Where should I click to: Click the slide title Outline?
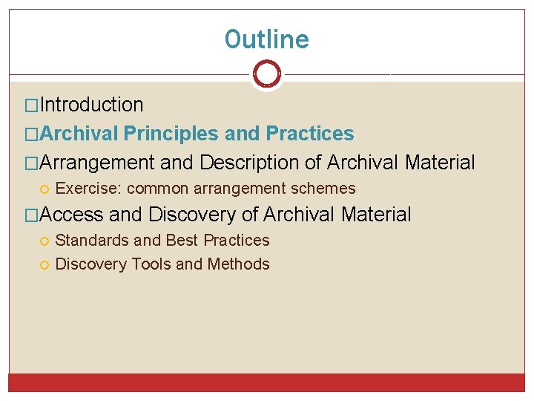(267, 39)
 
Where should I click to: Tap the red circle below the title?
(267, 74)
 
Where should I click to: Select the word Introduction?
(91, 105)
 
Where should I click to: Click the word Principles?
(171, 134)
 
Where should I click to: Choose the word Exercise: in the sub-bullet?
(89, 189)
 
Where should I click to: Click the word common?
(154, 189)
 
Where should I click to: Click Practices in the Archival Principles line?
(310, 134)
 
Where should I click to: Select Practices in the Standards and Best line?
(237, 241)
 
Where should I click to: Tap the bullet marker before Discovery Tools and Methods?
(46, 264)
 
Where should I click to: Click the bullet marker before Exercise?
(46, 189)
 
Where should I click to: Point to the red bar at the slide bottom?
(267, 382)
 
